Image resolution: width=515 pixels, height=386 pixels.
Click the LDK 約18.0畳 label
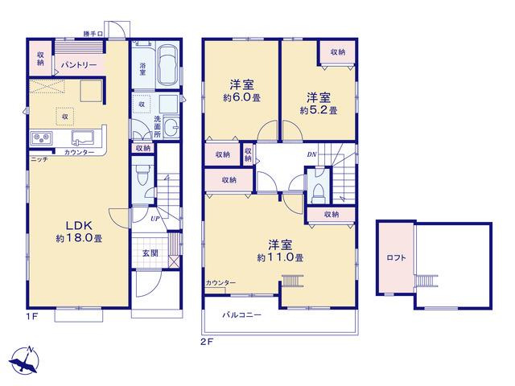[79, 232]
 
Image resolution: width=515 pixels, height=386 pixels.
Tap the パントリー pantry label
[79, 65]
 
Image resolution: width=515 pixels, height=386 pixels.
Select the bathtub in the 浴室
[169, 64]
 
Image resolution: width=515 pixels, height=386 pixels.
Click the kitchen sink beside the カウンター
[82, 138]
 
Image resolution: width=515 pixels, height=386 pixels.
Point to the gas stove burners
[42, 138]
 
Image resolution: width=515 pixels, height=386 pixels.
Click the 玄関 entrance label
[150, 253]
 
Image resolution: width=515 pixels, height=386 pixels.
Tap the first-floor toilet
[142, 175]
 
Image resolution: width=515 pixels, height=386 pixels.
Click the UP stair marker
[154, 218]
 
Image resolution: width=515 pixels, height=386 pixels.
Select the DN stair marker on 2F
[311, 154]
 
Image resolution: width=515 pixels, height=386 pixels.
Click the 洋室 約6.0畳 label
[241, 91]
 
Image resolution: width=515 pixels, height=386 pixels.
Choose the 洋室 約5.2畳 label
[319, 104]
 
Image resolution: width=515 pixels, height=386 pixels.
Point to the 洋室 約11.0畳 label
[280, 251]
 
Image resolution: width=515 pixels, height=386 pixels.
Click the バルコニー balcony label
[241, 315]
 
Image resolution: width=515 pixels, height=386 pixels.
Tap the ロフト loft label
[396, 258]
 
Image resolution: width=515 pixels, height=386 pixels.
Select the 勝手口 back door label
[93, 34]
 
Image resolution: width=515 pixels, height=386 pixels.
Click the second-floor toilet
[318, 191]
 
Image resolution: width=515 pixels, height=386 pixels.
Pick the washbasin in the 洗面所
[171, 127]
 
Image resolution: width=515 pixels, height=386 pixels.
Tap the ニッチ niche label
[39, 159]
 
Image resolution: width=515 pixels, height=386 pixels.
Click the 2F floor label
[207, 342]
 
